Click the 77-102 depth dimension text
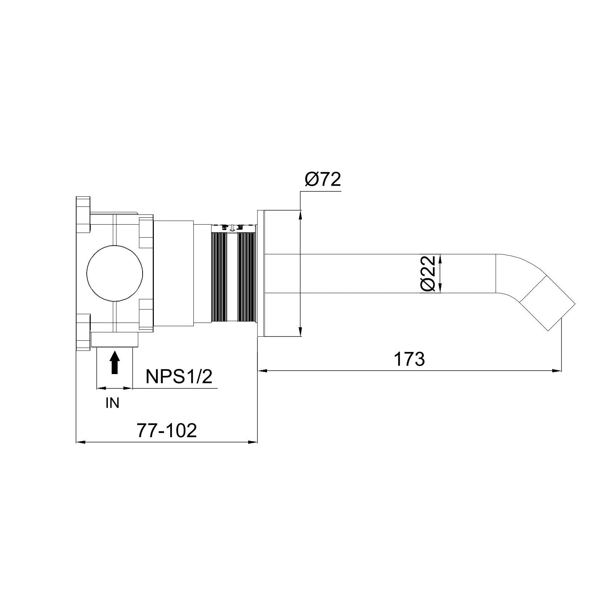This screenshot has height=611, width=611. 167,431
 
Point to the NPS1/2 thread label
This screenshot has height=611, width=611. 179,377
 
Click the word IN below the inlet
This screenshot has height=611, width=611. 112,403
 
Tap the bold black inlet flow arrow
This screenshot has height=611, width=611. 115,362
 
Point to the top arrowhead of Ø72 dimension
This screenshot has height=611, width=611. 300,215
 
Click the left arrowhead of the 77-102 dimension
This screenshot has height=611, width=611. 81,442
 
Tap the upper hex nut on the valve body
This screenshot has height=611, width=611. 146,231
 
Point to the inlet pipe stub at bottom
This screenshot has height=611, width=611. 114,340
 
